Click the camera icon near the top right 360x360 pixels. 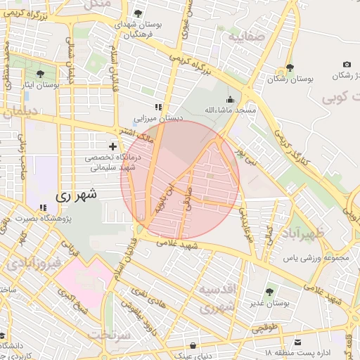coord(347,64)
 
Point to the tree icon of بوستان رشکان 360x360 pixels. coord(289,69)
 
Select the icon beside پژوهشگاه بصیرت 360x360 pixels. coord(44,208)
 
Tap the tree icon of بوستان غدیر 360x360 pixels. coord(270,292)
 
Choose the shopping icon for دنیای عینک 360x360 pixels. coord(193,345)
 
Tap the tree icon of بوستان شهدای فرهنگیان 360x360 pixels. coord(138,13)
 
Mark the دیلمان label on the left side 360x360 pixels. coord(21,110)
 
